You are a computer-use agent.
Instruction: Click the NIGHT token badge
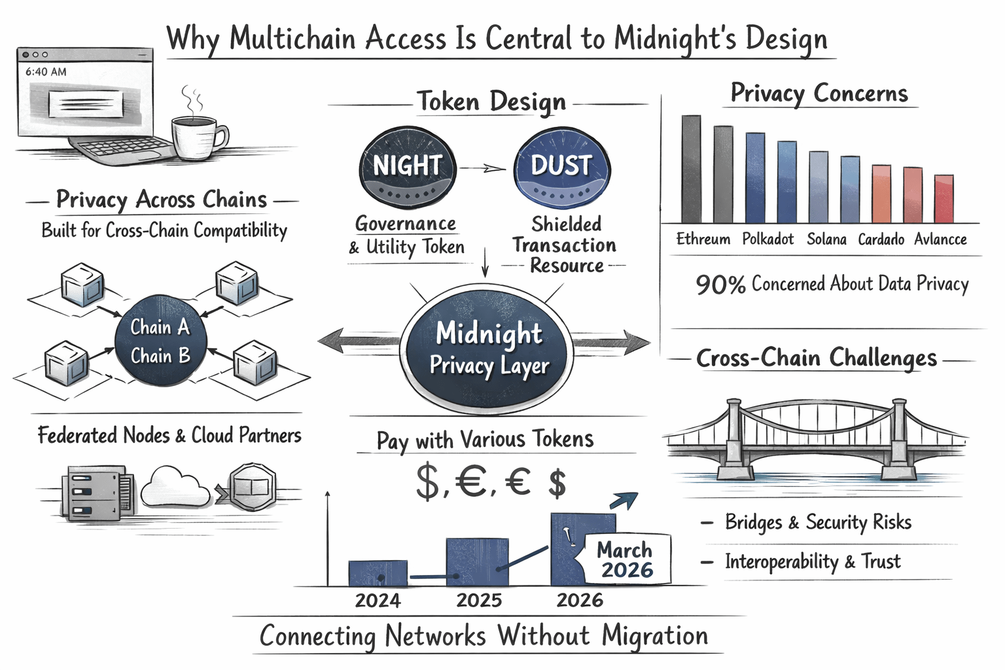[x=407, y=167]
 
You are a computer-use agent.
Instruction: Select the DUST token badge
[x=561, y=167]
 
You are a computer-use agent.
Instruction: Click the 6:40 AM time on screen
[x=46, y=72]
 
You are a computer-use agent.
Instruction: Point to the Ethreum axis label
[x=703, y=239]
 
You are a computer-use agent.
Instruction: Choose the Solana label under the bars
[x=826, y=239]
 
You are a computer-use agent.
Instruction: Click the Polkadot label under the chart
[x=767, y=239]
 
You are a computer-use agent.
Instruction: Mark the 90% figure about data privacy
[x=720, y=285]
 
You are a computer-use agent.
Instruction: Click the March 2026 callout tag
[x=625, y=559]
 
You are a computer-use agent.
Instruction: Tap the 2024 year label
[x=378, y=600]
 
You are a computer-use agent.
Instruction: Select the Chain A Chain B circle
[x=160, y=341]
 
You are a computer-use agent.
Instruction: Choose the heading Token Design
[x=491, y=101]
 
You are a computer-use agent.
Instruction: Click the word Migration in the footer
[x=654, y=635]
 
